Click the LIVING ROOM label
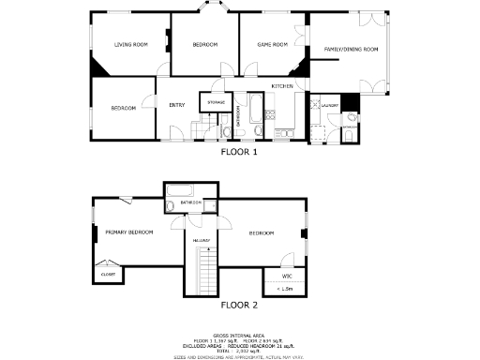131,44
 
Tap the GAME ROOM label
272,44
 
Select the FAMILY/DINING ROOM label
351,49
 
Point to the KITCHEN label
283,86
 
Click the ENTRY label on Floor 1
177,105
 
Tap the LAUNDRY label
328,106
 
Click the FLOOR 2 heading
239,305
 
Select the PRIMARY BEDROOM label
128,232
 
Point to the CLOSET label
109,275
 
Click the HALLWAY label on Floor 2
201,241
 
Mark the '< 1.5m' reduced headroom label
285,289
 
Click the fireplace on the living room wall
168,39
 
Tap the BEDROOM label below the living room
124,109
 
